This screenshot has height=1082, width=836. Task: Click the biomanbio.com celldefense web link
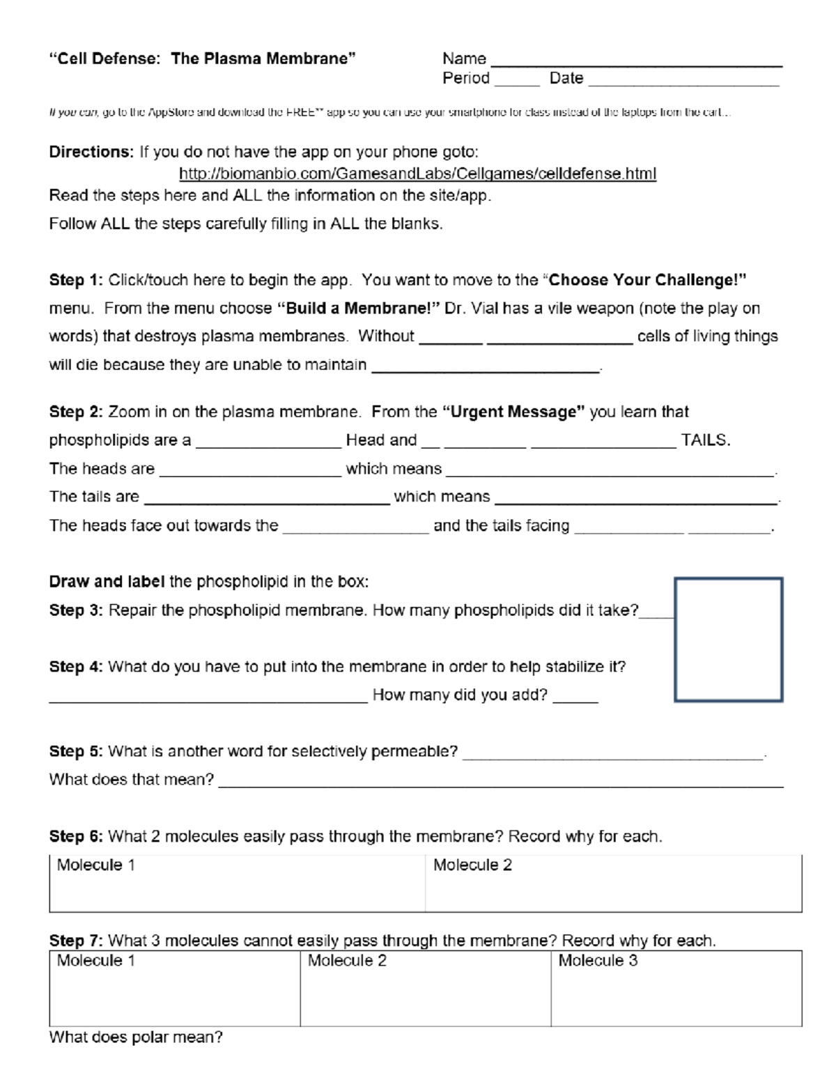click(x=417, y=173)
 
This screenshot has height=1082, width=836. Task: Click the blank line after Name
click(x=636, y=61)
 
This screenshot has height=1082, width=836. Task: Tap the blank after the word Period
click(x=517, y=81)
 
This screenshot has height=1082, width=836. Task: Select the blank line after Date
click(x=683, y=81)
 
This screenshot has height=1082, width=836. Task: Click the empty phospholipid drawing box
click(x=728, y=639)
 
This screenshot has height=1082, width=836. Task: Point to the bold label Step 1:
click(x=76, y=280)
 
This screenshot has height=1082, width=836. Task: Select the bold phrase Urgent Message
click(x=513, y=412)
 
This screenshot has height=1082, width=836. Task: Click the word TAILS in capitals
click(x=705, y=440)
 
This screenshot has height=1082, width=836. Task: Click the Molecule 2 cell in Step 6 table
click(x=613, y=883)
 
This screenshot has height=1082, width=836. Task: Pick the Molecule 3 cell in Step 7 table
click(x=676, y=988)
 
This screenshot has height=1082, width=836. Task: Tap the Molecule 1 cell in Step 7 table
click(x=174, y=988)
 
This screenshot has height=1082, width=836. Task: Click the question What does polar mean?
click(x=136, y=1037)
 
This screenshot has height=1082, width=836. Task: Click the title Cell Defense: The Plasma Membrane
click(x=202, y=59)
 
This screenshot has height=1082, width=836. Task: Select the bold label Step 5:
click(x=76, y=751)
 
